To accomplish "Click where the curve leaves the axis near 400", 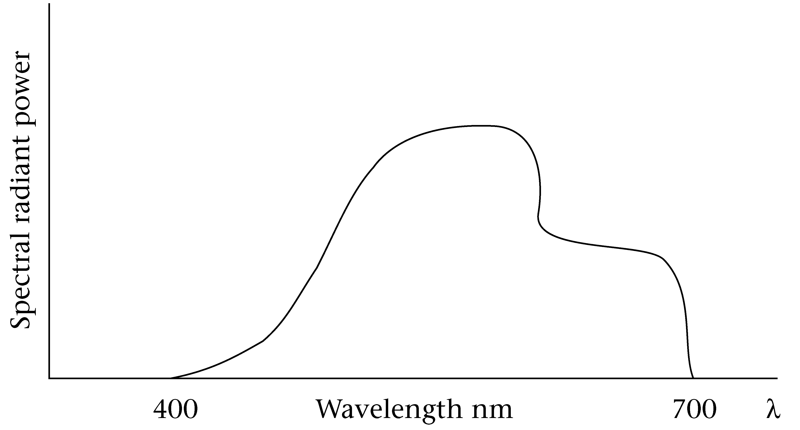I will (171, 378).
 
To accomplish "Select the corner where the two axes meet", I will (49, 378).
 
